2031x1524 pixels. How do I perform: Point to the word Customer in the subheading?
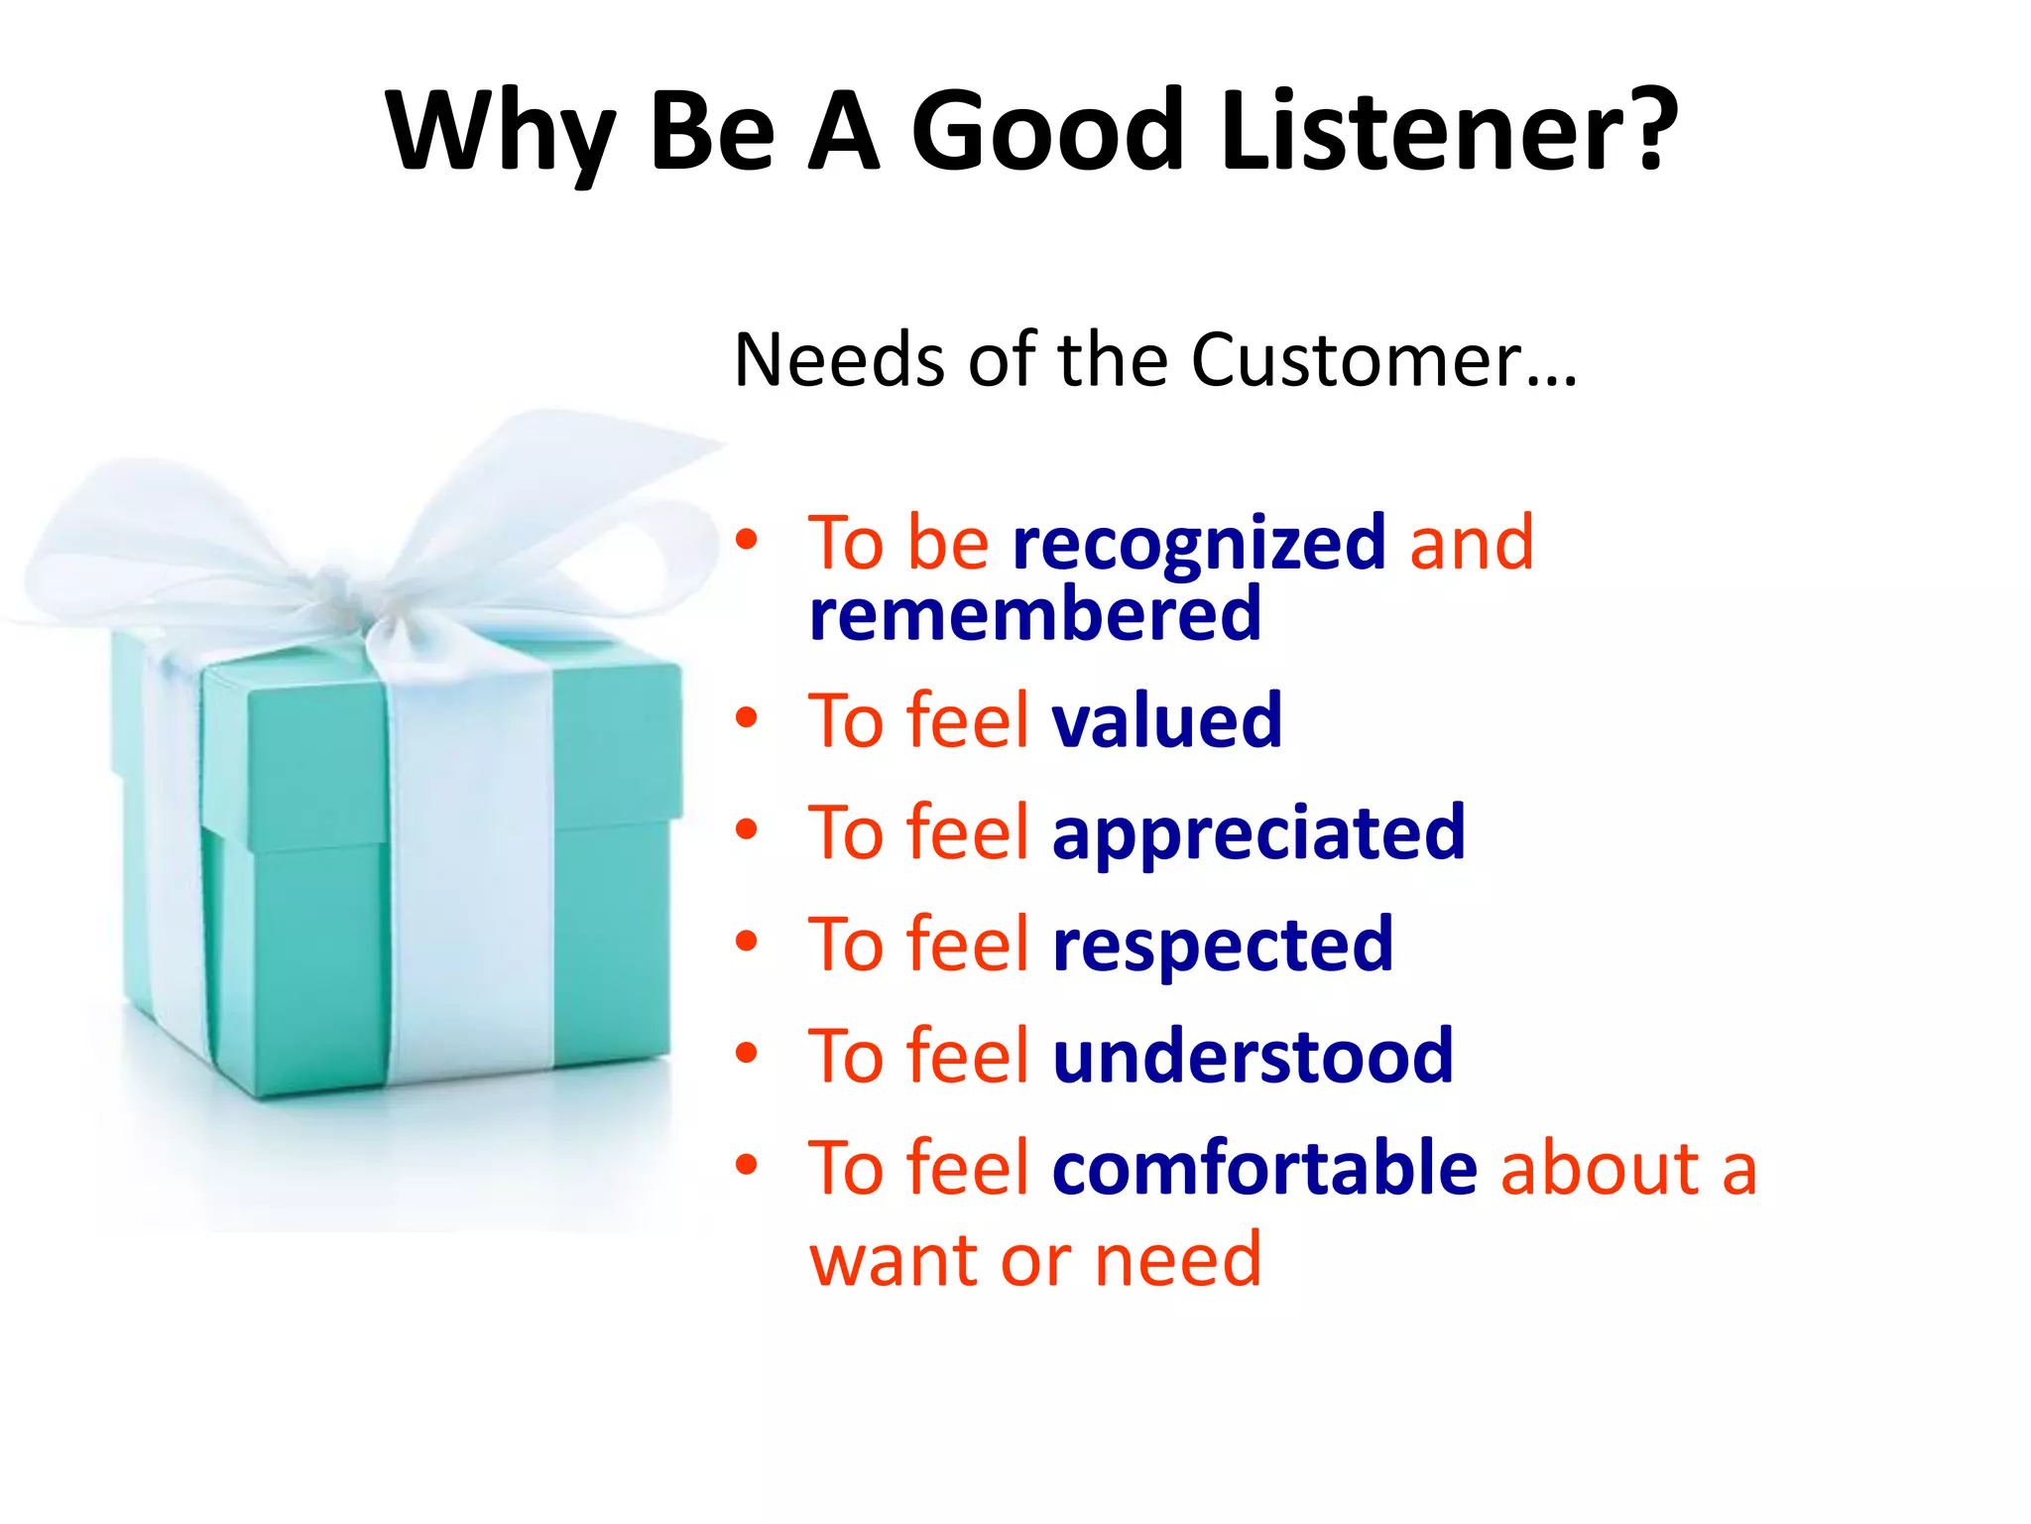pyautogui.click(x=1357, y=359)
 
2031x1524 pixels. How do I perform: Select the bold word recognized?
pyautogui.click(x=1198, y=545)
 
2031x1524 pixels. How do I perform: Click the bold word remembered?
pyautogui.click(x=1034, y=615)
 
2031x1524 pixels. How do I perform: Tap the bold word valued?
pyautogui.click(x=1166, y=720)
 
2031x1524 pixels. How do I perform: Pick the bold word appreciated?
pyautogui.click(x=1257, y=833)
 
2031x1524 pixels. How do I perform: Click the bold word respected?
pyautogui.click(x=1222, y=945)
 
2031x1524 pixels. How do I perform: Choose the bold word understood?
pyautogui.click(x=1252, y=1056)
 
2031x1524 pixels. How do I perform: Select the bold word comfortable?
pyautogui.click(x=1264, y=1168)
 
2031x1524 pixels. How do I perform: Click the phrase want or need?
pyautogui.click(x=1034, y=1260)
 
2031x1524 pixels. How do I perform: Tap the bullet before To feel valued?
pyautogui.click(x=747, y=716)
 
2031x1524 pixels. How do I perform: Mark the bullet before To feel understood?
pyautogui.click(x=747, y=1052)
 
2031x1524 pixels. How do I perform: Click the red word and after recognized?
pyautogui.click(x=1471, y=544)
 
